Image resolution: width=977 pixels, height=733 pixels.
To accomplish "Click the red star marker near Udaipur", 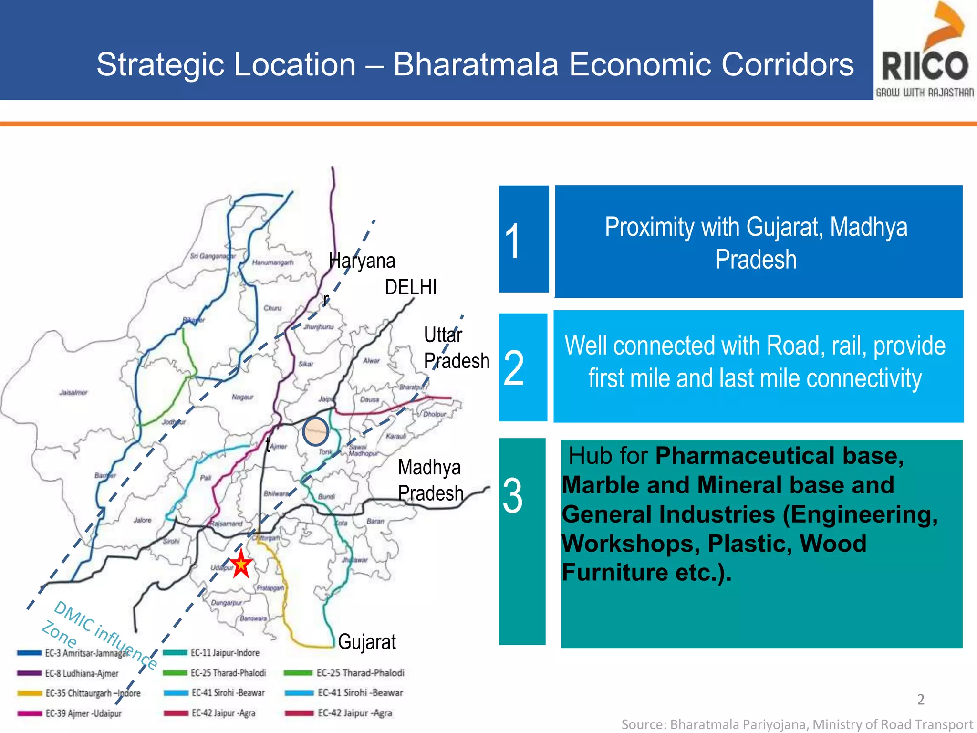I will tap(241, 564).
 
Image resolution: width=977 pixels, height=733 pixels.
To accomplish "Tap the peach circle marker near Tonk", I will tap(315, 431).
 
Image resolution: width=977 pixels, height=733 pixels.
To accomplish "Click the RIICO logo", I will tap(925, 50).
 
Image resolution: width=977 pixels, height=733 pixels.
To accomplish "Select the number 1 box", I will tap(523, 239).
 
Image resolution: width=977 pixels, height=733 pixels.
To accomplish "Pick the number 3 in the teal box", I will tap(513, 496).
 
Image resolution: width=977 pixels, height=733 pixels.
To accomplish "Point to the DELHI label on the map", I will tap(410, 287).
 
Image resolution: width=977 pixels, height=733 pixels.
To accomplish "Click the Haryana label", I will tap(362, 261).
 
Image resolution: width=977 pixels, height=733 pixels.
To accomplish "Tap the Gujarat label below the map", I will tap(367, 642).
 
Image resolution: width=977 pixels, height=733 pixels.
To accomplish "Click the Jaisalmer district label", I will tap(73, 393).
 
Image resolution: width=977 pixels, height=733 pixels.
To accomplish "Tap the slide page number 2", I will tap(921, 700).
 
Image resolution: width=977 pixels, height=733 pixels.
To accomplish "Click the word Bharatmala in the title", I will tap(476, 64).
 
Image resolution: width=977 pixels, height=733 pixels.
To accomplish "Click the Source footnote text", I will tap(797, 724).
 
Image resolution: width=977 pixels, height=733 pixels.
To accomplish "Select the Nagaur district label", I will tap(242, 397).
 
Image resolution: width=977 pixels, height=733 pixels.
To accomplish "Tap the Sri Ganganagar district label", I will tap(213, 256).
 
